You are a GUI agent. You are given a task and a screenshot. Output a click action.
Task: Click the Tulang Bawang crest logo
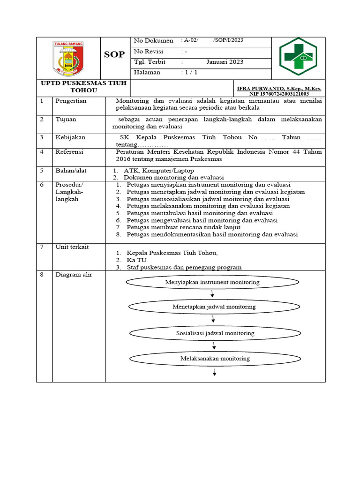click(68, 58)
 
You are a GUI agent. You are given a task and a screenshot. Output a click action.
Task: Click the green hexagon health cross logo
click(298, 56)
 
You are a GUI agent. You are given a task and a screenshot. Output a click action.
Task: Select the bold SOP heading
click(114, 54)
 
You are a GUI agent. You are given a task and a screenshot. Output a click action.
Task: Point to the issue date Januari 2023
click(225, 62)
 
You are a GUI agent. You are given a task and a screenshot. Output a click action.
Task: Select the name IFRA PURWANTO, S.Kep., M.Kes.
click(279, 88)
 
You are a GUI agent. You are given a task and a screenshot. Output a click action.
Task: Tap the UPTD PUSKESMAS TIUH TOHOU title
click(83, 87)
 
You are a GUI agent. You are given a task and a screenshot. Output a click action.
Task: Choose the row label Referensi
click(69, 152)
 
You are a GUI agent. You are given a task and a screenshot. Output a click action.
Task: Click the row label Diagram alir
click(74, 275)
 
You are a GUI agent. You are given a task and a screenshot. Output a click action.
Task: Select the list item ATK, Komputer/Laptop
click(158, 170)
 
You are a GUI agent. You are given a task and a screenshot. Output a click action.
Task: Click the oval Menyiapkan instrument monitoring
click(212, 282)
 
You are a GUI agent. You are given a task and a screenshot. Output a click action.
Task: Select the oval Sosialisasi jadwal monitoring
click(215, 333)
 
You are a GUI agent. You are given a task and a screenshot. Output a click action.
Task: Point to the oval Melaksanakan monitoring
click(215, 358)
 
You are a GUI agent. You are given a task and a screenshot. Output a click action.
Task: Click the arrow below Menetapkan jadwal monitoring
click(213, 319)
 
